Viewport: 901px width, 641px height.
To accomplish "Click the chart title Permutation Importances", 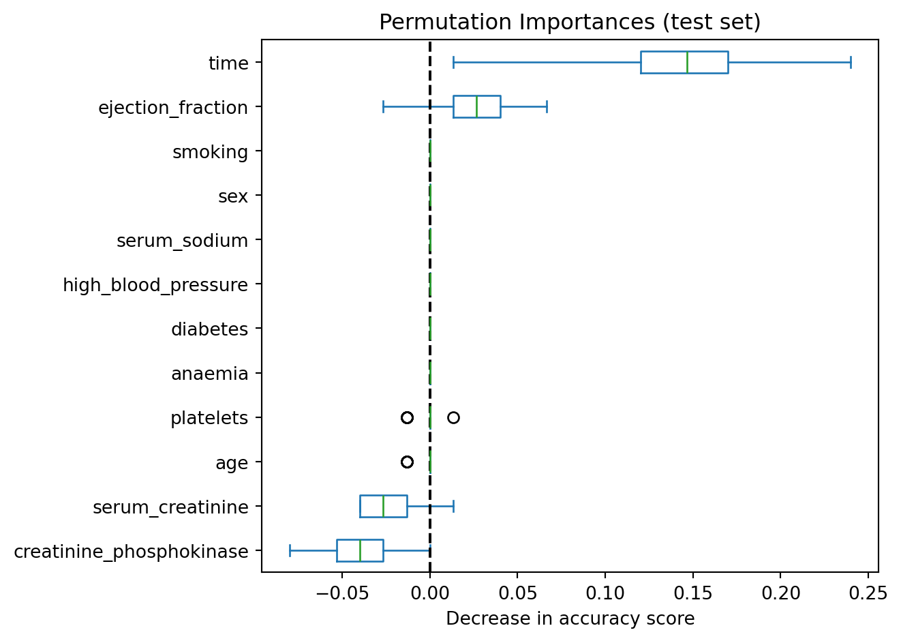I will (569, 23).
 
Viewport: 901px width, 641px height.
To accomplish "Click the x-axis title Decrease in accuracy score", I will (570, 618).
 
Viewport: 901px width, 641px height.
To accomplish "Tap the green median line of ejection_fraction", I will (476, 107).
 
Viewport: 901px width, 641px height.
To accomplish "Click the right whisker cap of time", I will (851, 62).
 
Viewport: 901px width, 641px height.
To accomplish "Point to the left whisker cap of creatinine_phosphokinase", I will (290, 550).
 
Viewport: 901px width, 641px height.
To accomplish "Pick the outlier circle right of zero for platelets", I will (453, 417).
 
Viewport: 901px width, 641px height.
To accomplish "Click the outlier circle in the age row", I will (407, 462).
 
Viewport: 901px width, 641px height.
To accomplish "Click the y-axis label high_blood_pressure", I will (155, 285).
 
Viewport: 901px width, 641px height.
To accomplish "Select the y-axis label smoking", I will (210, 152).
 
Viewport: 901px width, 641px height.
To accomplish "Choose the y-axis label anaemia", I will (209, 374).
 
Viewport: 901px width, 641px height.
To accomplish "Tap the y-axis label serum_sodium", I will (182, 241).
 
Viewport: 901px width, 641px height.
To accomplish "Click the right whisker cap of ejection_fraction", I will (547, 107).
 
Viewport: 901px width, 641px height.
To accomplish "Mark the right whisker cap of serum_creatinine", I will (453, 506).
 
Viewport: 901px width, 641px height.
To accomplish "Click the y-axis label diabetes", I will (209, 329).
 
